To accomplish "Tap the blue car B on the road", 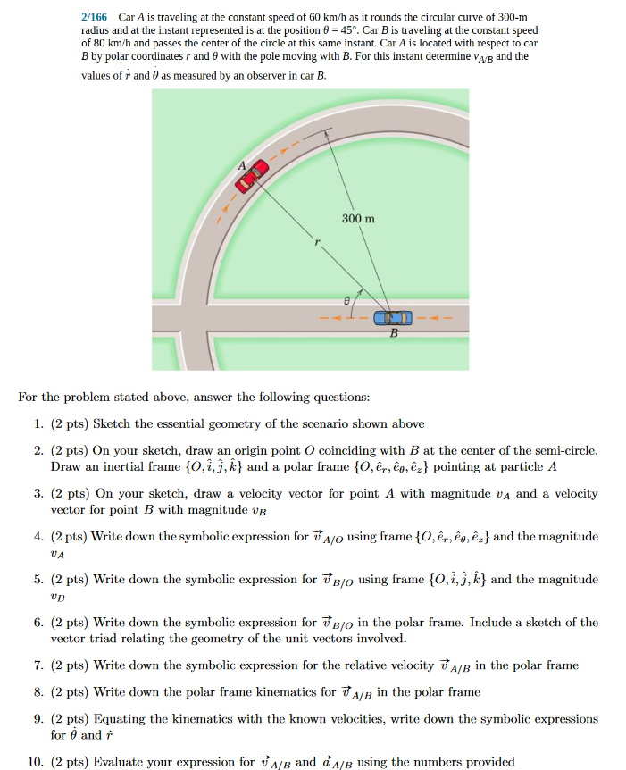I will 393,317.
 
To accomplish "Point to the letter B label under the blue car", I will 393,332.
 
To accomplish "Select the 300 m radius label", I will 358,218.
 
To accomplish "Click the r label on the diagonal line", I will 315,252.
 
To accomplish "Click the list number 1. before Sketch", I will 38,423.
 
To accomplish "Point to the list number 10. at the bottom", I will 36,762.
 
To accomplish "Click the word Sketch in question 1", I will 112,423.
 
